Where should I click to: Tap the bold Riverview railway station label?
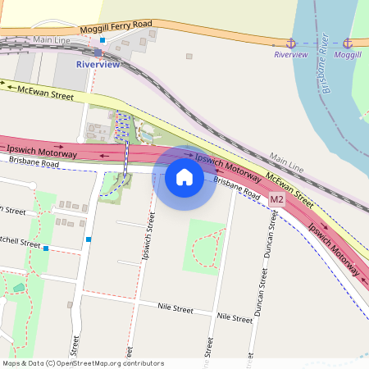tap(98, 64)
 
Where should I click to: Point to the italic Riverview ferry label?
tap(290, 54)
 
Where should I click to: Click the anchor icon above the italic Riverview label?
tap(290, 43)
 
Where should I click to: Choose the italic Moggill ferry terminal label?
tap(348, 54)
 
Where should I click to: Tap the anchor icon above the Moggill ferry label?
tap(348, 43)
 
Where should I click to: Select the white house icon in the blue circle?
tap(184, 176)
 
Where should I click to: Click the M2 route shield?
tap(276, 199)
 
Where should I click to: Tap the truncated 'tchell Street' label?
tap(20, 244)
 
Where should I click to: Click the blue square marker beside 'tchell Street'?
tap(47, 248)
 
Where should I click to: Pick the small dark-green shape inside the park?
tap(19, 288)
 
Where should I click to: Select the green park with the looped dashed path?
tap(203, 246)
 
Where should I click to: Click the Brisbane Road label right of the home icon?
tap(236, 189)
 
